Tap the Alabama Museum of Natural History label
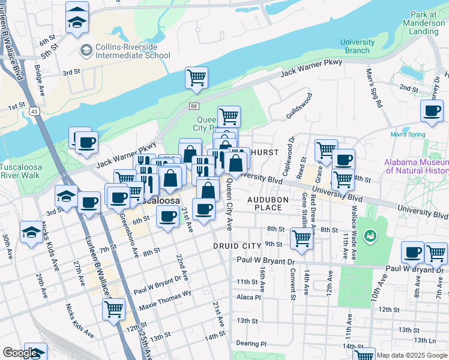coord(416,166)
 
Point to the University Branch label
coord(357,46)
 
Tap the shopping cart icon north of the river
coord(196,77)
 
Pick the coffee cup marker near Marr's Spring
coord(432,110)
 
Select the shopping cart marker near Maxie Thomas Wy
coord(113,310)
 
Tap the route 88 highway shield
coord(193,106)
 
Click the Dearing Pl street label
coord(251,344)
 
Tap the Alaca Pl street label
coord(249,297)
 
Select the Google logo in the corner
coord(20,353)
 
